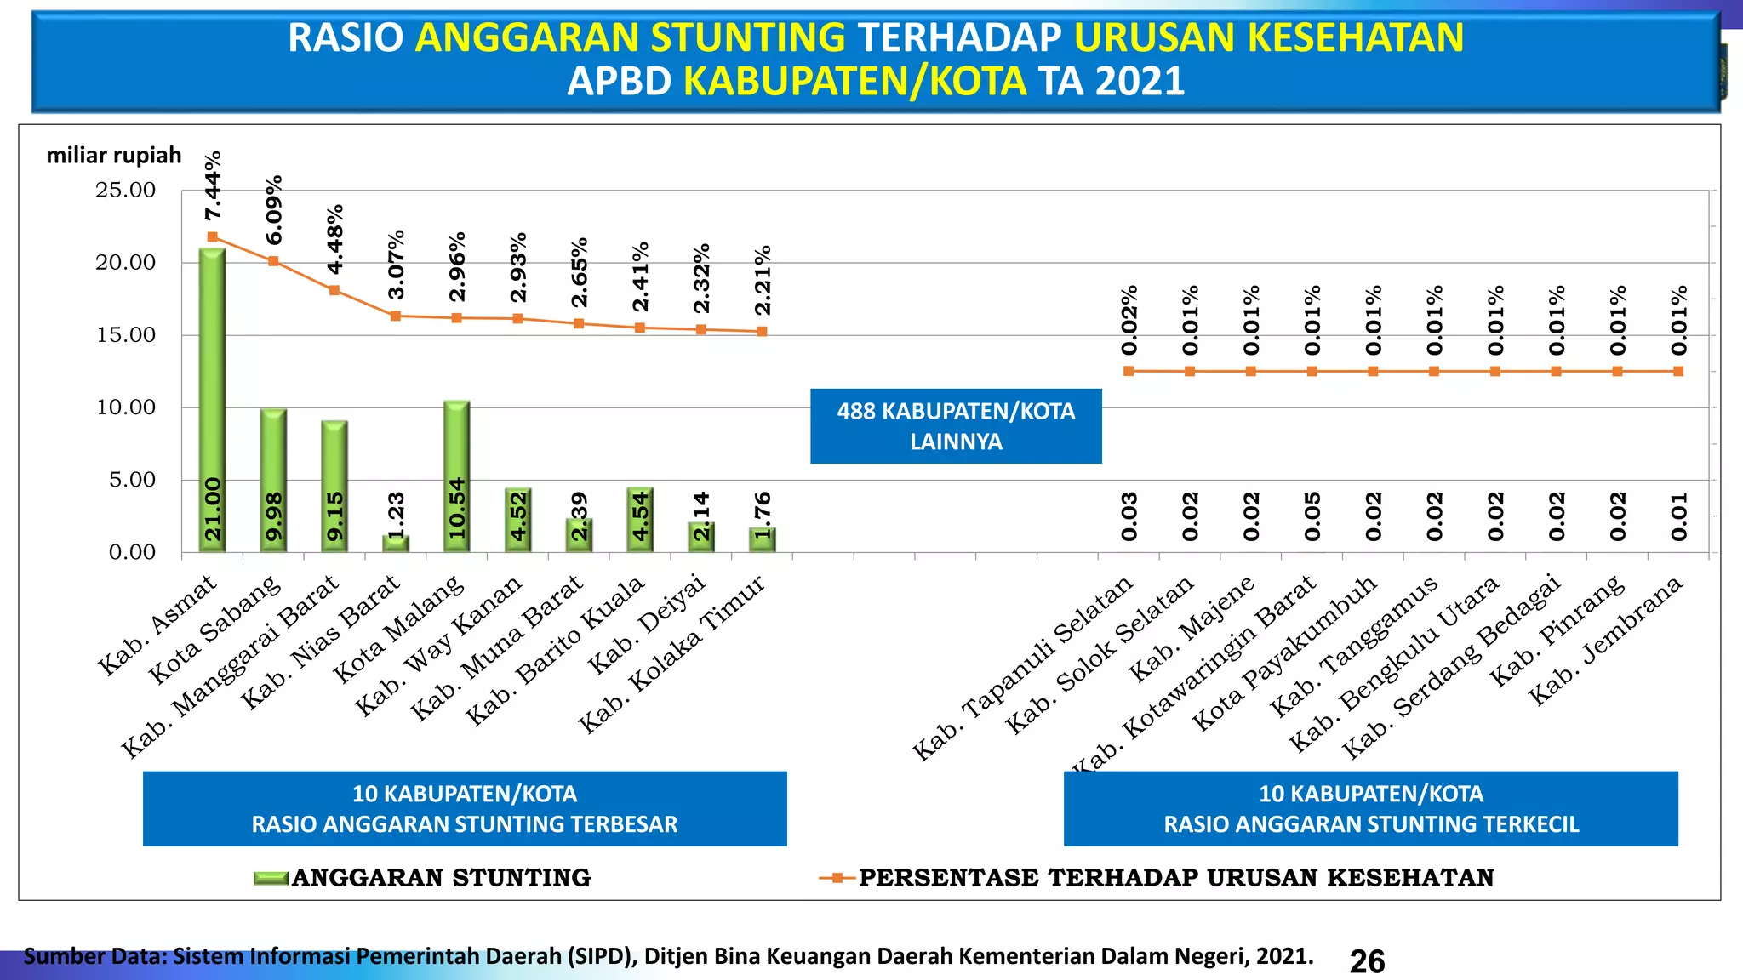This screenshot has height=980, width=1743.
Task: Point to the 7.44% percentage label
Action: [x=214, y=185]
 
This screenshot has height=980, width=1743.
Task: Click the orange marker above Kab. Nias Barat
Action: [x=396, y=316]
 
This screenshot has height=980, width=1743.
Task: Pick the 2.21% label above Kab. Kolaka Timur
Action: [x=763, y=280]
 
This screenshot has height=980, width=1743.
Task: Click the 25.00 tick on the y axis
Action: [x=125, y=191]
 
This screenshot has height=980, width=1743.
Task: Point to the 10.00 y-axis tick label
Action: [x=125, y=407]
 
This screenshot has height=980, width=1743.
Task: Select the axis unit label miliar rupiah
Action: [x=114, y=156]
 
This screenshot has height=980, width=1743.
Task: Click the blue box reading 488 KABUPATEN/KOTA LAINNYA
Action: [x=956, y=426]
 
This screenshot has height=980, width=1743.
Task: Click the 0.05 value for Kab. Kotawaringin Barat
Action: [x=1312, y=516]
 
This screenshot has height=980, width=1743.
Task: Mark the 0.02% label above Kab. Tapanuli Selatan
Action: [x=1129, y=320]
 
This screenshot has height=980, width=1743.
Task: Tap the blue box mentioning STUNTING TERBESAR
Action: [x=465, y=809]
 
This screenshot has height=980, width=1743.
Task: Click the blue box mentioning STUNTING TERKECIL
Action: [x=1370, y=809]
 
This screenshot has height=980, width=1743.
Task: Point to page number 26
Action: [x=1367, y=961]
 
